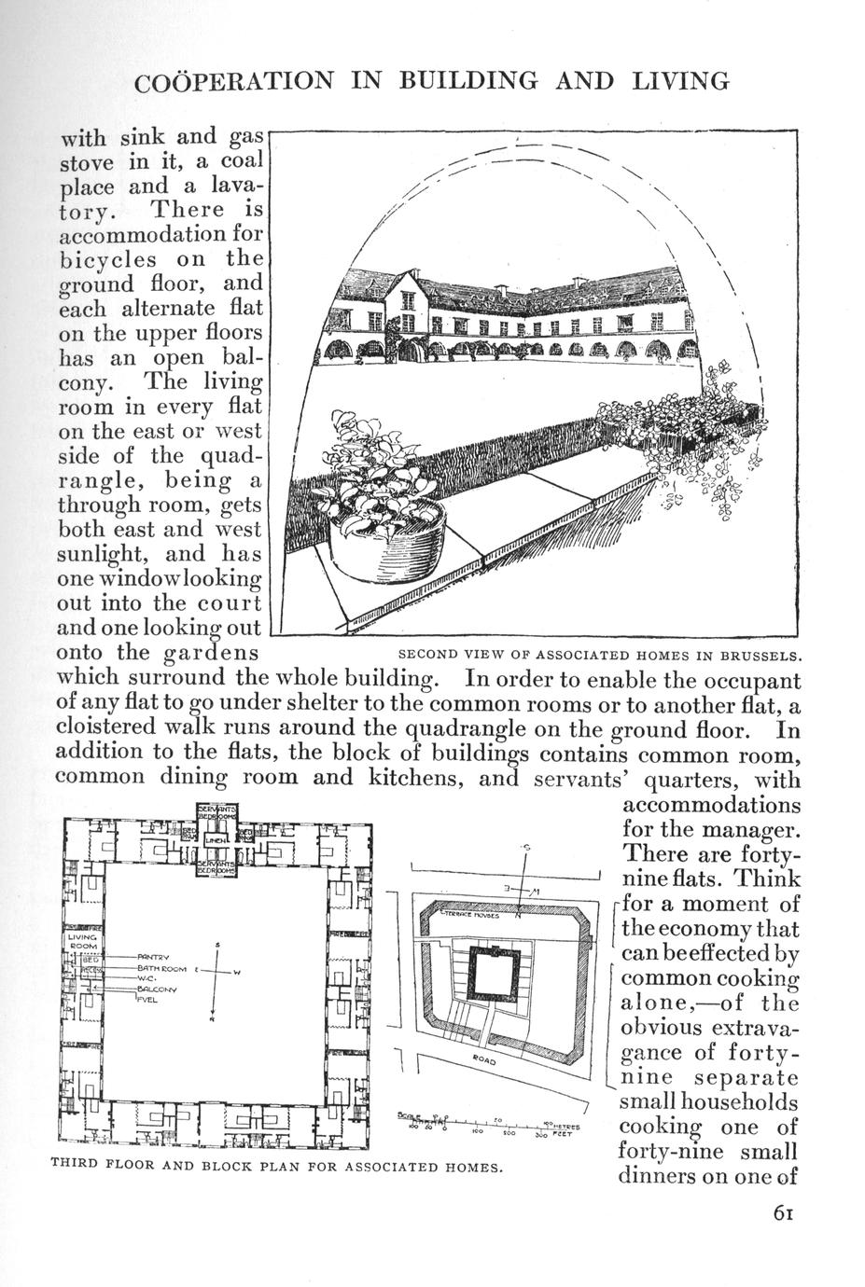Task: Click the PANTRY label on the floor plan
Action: [x=150, y=957]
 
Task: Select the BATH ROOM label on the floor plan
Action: [x=162, y=969]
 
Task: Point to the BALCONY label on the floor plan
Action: [x=157, y=989]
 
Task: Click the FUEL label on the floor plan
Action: [x=146, y=1000]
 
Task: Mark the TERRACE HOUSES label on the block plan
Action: [x=476, y=917]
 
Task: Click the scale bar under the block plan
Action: [x=490, y=1125]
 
